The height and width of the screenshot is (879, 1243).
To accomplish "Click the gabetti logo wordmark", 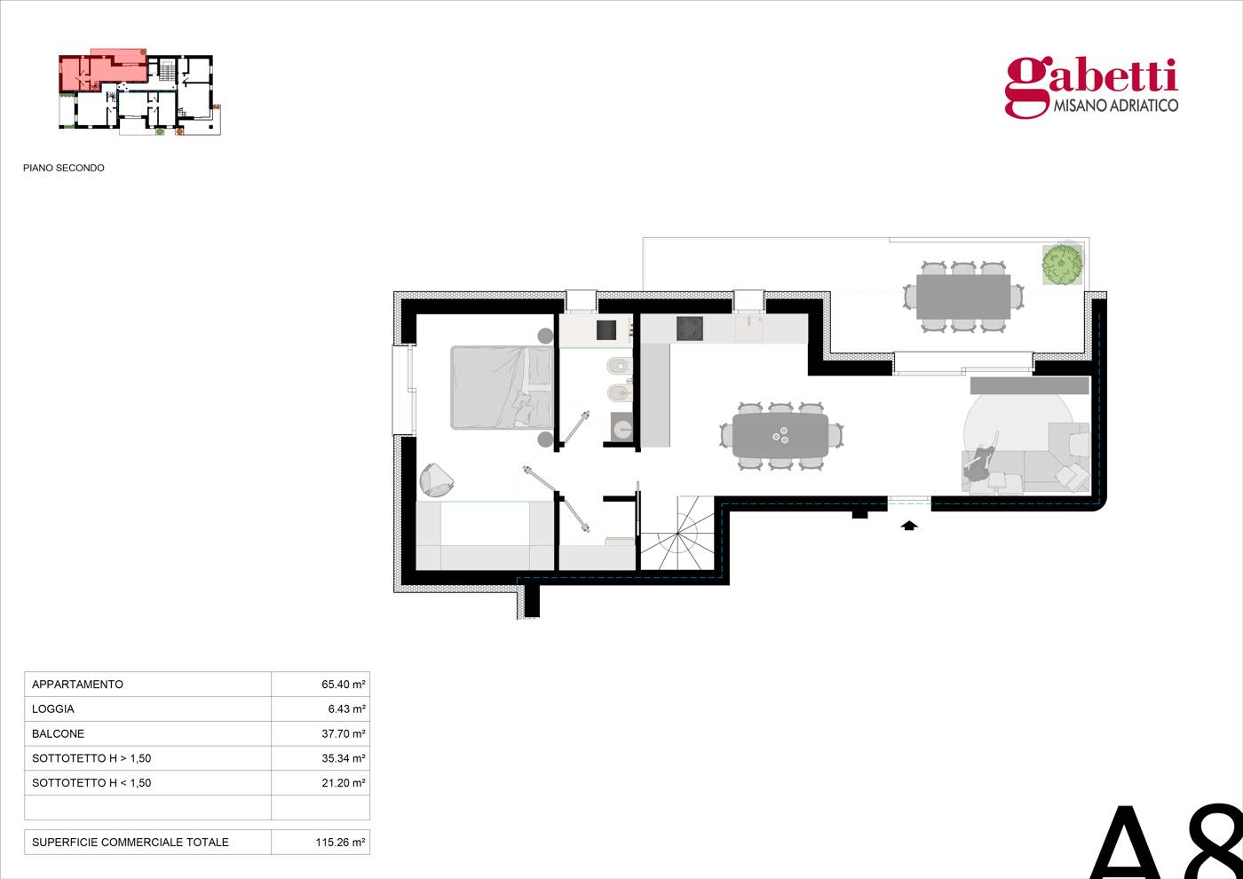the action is coord(1091,88).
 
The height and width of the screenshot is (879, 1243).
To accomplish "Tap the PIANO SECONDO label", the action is coord(64,168).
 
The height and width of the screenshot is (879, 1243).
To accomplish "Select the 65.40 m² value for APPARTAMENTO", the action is coord(343,685).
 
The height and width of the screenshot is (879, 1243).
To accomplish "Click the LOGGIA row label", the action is coord(52,709).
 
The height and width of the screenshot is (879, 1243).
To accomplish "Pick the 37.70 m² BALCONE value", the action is coord(343,733).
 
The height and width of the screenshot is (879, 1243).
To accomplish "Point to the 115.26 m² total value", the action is coord(340,842).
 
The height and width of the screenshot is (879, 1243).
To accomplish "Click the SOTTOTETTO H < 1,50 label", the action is coord(91,782).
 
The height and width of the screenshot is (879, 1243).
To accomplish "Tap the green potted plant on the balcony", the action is coord(1062,264).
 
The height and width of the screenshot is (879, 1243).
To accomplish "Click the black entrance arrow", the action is coord(908,526).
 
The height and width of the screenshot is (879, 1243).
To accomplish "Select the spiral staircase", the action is coord(677,534).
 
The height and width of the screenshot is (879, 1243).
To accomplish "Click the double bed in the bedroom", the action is coord(503,387).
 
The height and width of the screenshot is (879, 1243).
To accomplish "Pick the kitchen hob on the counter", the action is coord(690,329).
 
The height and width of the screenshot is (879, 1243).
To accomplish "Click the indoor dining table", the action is coord(780,436).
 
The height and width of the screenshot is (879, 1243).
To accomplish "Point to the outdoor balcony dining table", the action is coord(962,297).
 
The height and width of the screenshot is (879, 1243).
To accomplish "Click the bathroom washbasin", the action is coord(621,427).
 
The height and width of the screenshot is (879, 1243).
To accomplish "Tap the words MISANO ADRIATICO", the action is coord(1116,106).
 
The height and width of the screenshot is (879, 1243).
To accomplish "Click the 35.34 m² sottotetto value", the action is coord(343,758).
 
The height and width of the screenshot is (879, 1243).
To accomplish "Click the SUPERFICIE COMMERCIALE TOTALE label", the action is coord(131,842).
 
